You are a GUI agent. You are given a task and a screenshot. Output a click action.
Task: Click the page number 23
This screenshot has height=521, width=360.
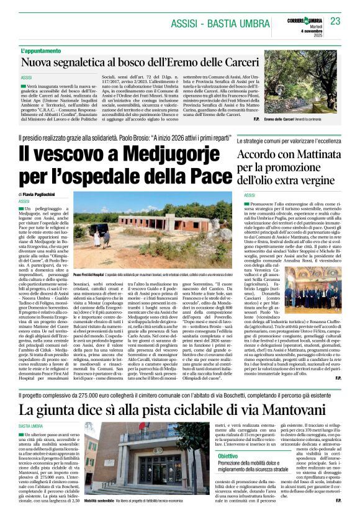click(x=336, y=21)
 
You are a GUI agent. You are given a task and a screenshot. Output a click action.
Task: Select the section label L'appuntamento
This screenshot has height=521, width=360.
click(x=42, y=50)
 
